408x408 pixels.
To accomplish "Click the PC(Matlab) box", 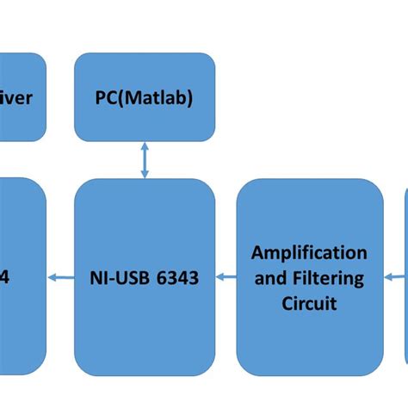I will (x=145, y=98).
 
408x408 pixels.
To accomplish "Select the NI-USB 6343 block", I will (x=145, y=277).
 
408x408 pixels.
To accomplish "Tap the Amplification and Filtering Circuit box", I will (x=309, y=277).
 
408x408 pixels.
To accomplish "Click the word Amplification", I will (x=309, y=252).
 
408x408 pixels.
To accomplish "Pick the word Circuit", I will (x=309, y=303).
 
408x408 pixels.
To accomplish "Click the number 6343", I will (x=182, y=278).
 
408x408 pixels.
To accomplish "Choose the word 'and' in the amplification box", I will (x=269, y=278).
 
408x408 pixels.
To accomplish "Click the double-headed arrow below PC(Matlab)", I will (x=145, y=161).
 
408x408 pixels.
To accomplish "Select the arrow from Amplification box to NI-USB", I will (x=226, y=277).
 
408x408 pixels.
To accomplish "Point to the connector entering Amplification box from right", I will (x=394, y=277).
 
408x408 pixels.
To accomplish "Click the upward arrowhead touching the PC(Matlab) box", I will (x=145, y=149).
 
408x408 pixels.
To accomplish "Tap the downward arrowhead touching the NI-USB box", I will (x=145, y=174).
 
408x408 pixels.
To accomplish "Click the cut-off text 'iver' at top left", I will (x=17, y=98).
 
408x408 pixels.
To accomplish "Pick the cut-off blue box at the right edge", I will (x=405, y=277).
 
